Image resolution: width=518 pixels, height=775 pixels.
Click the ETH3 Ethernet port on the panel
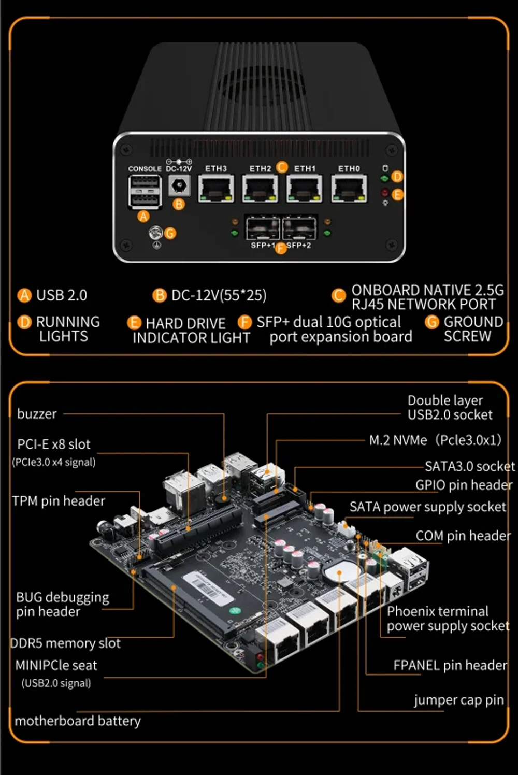click(x=216, y=189)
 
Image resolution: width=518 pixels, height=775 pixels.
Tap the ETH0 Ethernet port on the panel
click(x=349, y=189)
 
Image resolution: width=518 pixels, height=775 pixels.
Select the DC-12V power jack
click(x=179, y=185)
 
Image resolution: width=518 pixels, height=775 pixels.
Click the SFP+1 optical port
click(x=263, y=228)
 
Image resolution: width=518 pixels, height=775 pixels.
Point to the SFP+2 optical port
click(x=299, y=228)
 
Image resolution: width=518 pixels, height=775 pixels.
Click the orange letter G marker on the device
click(x=170, y=233)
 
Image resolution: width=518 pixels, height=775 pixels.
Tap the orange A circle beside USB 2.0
click(x=24, y=295)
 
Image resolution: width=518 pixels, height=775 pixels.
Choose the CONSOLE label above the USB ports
click(x=145, y=169)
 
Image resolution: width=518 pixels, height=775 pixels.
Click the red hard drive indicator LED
click(x=384, y=192)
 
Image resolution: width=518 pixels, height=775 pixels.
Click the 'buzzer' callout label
click(x=37, y=414)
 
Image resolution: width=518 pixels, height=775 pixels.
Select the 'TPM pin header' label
click(x=59, y=501)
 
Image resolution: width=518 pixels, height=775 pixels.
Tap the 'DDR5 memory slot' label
click(x=66, y=643)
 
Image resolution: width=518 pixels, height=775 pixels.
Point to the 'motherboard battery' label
click(x=78, y=721)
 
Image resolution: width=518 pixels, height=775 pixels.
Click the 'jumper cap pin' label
click(x=458, y=700)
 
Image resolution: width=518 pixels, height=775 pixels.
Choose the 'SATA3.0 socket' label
click(x=470, y=466)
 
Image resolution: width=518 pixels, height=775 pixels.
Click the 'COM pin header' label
click(x=463, y=536)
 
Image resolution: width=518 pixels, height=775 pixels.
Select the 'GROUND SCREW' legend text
click(x=473, y=329)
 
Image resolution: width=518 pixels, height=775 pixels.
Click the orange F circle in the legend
click(x=245, y=322)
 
